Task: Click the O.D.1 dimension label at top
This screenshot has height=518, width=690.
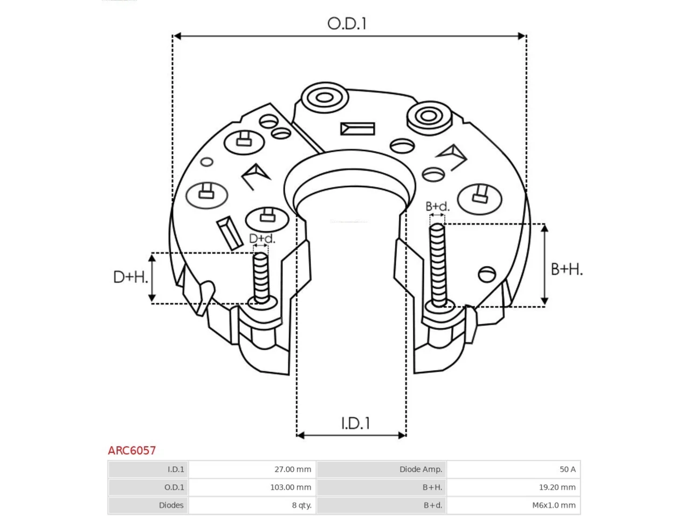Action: [x=347, y=24]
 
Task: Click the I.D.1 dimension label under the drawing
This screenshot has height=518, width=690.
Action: [x=355, y=423]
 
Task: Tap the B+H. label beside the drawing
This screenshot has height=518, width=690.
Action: [x=567, y=269]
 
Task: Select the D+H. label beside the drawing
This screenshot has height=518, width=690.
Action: [x=130, y=277]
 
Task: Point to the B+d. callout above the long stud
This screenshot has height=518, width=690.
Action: [x=437, y=206]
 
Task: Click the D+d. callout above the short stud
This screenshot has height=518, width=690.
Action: [x=262, y=238]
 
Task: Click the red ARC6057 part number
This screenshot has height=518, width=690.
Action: [x=132, y=451]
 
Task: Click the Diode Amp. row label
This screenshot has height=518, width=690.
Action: [x=420, y=469]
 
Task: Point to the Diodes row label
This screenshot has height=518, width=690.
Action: [x=171, y=505]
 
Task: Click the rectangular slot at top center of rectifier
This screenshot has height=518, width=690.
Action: [x=357, y=129]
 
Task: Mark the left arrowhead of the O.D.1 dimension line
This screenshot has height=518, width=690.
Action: [x=177, y=36]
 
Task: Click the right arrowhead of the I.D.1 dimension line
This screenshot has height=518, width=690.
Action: [x=402, y=435]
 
